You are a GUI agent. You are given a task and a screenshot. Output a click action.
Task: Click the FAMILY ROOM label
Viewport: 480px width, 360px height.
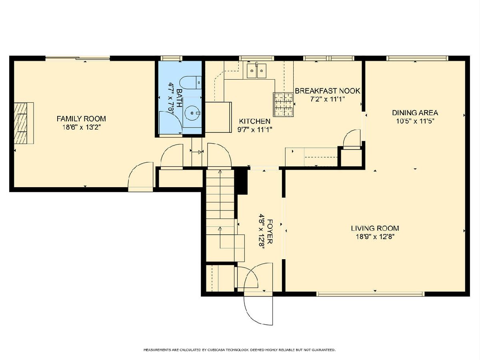point(81,119)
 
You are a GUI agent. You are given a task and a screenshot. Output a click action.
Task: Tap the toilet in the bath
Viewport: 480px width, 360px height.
point(190,82)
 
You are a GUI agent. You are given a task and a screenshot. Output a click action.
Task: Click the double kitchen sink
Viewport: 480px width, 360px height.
point(256,71)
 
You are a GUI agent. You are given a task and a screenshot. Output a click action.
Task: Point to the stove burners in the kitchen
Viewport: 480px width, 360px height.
point(283,104)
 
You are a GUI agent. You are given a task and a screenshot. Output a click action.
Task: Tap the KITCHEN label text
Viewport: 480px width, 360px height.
point(254,121)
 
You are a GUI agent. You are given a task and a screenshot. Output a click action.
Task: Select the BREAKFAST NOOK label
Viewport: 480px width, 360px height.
point(327,91)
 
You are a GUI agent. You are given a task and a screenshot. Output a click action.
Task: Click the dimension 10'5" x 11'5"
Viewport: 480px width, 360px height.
point(415,121)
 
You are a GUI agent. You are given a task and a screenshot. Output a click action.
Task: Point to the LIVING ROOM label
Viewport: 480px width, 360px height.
point(375,228)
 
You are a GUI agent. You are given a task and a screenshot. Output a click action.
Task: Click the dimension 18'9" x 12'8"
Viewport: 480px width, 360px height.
point(375,237)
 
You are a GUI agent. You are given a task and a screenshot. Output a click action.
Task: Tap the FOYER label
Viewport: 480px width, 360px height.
point(270,232)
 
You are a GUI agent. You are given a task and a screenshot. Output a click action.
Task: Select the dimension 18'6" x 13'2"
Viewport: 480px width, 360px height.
point(81,127)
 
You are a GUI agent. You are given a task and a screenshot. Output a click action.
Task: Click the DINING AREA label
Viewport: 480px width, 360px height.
point(415,113)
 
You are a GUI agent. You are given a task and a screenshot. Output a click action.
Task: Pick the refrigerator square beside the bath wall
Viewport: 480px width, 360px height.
point(218,117)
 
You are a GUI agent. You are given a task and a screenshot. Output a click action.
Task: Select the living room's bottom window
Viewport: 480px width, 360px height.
point(370,294)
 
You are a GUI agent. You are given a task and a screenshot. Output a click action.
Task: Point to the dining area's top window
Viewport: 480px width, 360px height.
point(417,58)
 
